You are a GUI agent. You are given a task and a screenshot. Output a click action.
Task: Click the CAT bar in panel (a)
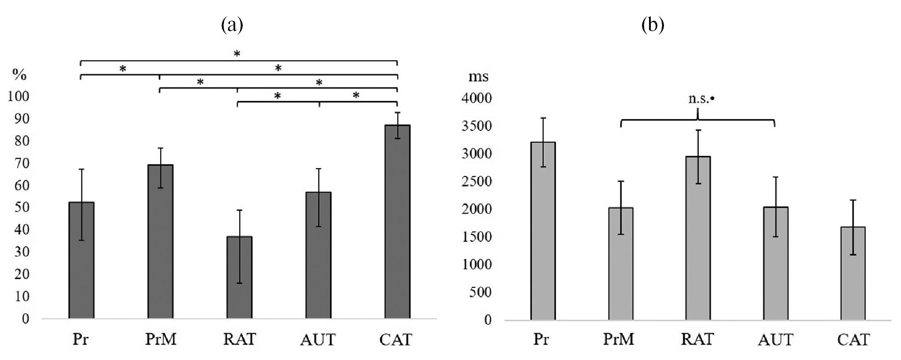tap(397, 222)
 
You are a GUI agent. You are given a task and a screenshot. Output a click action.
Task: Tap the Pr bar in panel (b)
tap(543, 230)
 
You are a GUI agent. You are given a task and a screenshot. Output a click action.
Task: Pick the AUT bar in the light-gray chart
tap(775, 263)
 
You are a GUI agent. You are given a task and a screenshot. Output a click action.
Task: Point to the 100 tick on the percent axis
tap(18, 96)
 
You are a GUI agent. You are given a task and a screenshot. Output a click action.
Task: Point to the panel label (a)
tap(232, 25)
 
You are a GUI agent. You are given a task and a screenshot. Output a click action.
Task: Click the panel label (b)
tap(653, 25)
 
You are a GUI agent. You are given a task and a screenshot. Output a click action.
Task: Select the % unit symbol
tap(19, 75)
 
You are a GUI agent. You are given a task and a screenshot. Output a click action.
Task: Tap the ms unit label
tap(478, 76)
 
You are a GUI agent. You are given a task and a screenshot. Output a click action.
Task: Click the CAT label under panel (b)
tap(853, 340)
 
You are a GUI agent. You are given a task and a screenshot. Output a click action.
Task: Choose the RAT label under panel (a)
tap(239, 339)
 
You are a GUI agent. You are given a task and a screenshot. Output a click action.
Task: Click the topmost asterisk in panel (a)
tap(237, 54)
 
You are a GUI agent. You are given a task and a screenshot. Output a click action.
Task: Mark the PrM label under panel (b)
tap(619, 340)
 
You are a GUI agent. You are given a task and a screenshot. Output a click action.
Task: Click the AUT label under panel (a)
tap(317, 340)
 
